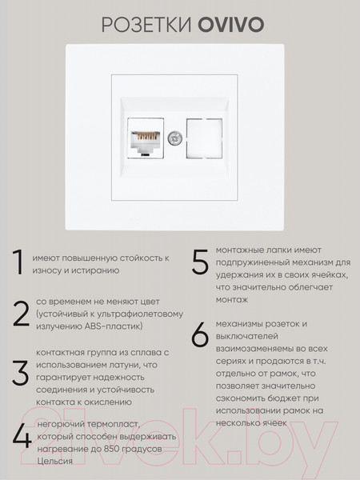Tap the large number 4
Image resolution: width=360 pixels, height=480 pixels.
[19, 436]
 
